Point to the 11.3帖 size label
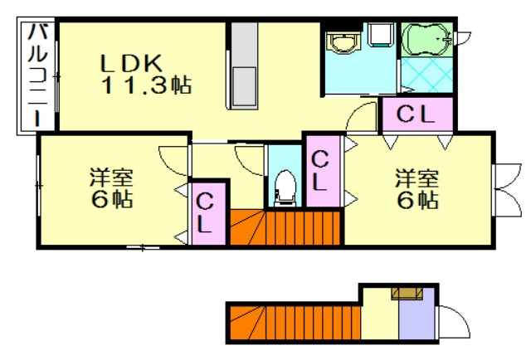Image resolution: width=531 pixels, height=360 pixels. (x=148, y=84)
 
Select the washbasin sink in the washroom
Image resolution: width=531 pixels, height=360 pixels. (x=341, y=41)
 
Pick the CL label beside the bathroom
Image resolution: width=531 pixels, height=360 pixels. (x=417, y=115)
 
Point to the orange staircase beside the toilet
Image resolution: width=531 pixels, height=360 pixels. (x=286, y=227)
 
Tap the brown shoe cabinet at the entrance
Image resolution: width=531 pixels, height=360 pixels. (x=407, y=292)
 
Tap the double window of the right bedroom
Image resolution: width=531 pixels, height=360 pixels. (x=503, y=188)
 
